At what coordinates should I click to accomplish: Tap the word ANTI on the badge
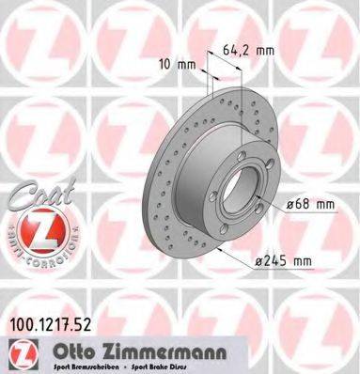(x=13, y=243)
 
